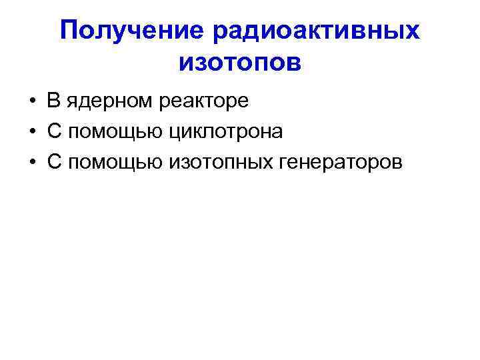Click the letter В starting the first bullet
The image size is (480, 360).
(x=53, y=101)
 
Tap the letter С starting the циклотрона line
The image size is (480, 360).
(x=54, y=131)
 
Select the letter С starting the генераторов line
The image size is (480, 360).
(x=54, y=162)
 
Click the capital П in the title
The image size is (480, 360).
(x=69, y=30)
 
